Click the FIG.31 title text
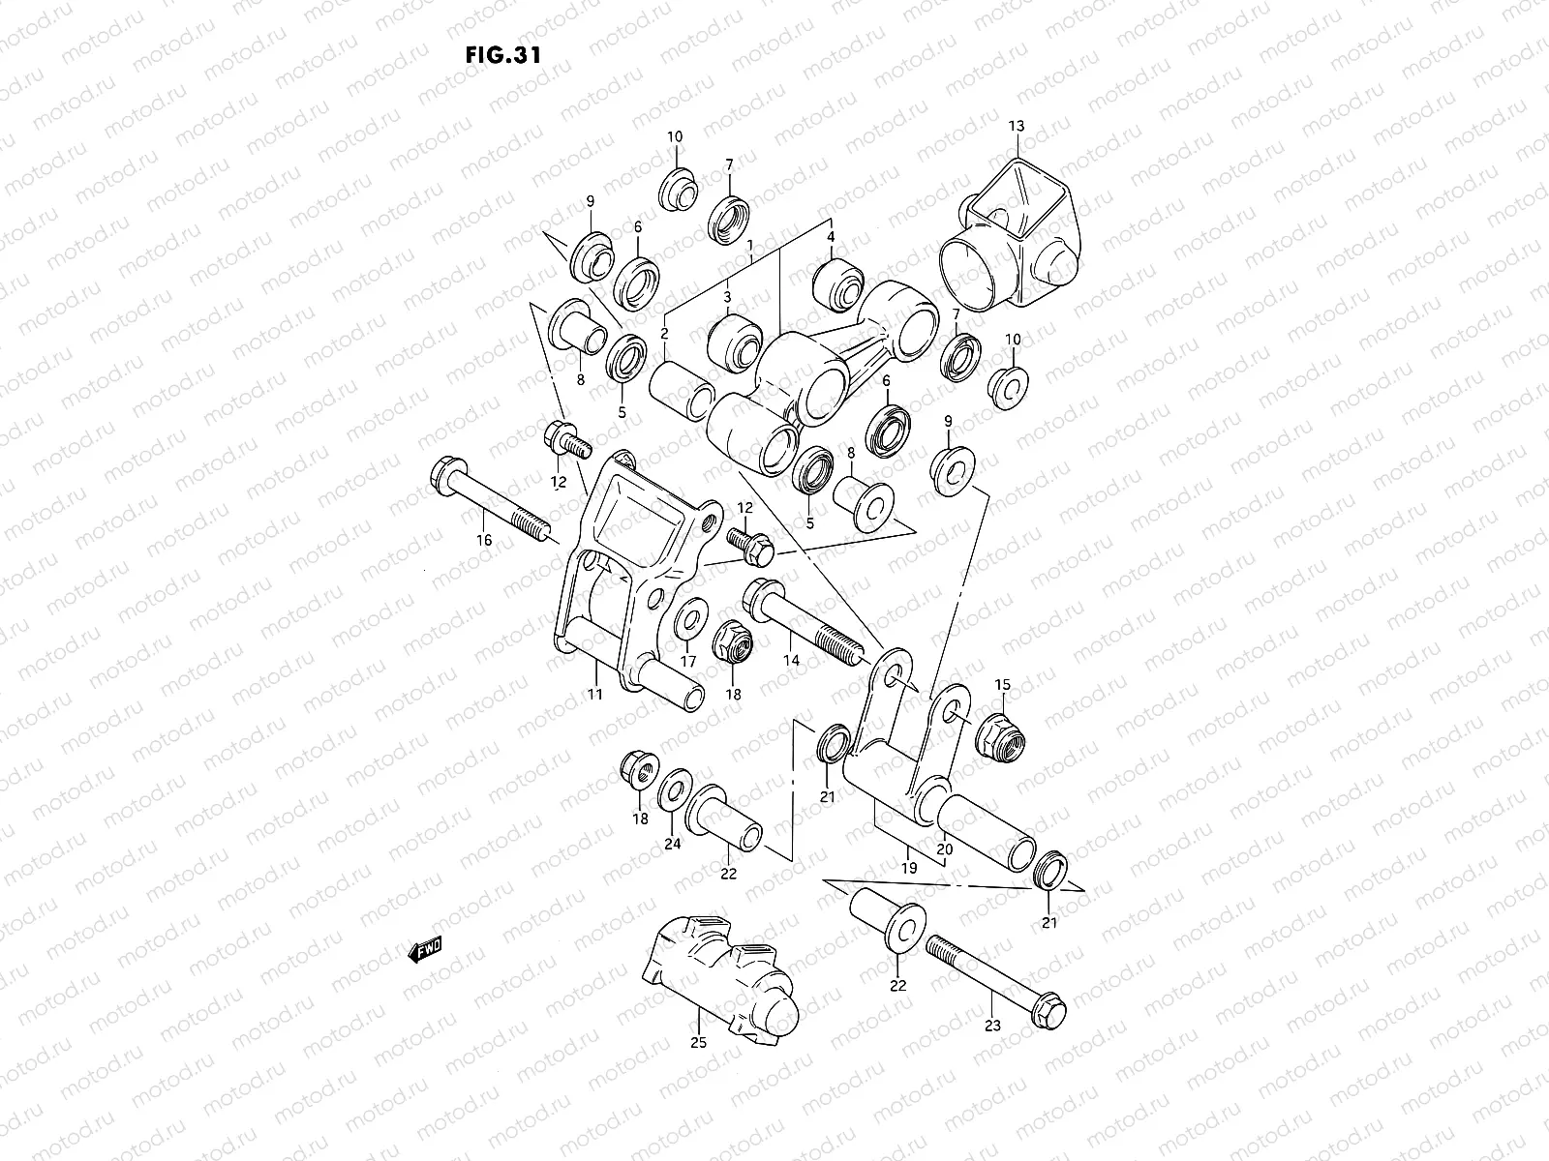501,54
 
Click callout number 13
1016,127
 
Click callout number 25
699,1043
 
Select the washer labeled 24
673,790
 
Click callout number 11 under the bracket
594,695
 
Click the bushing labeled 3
734,341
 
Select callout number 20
945,848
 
